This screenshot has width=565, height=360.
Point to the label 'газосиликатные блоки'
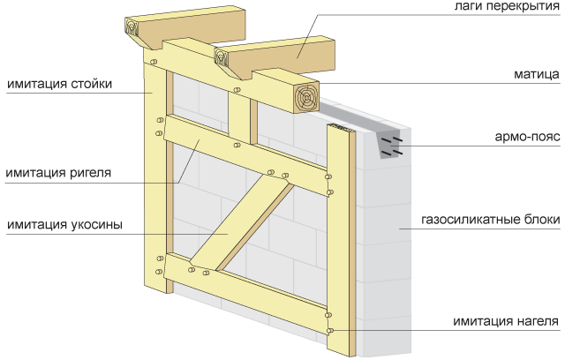coord(490,219)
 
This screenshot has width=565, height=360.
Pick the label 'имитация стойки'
coord(58,85)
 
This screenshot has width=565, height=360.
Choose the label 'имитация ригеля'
coord(59,172)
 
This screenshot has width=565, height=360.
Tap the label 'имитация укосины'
coord(63,224)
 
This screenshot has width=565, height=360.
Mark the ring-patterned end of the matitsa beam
coord(305,97)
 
